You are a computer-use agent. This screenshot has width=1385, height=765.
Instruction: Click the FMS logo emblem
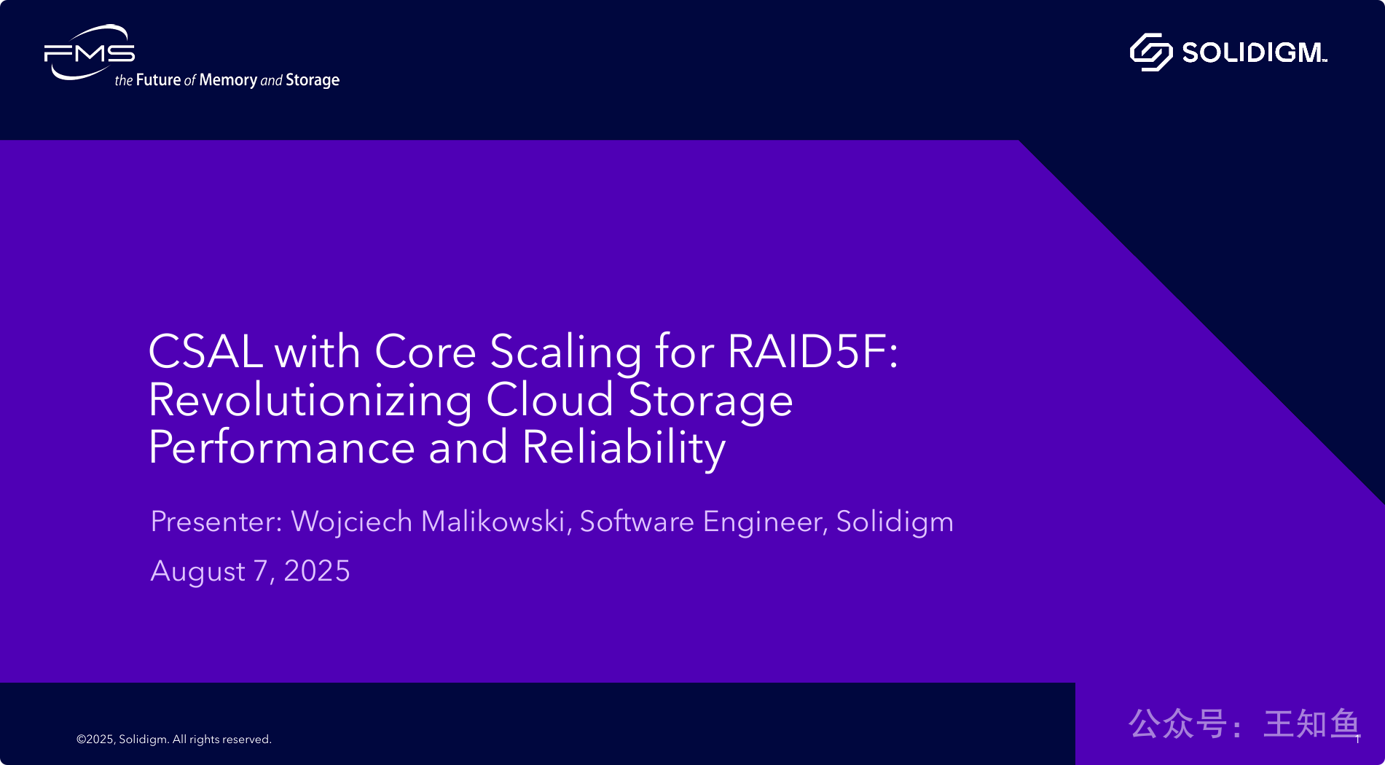[90, 52]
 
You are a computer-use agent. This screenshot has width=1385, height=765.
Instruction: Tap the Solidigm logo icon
[1150, 52]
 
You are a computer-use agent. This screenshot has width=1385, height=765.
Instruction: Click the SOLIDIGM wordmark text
[1254, 52]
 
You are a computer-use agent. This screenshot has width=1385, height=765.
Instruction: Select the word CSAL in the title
[205, 351]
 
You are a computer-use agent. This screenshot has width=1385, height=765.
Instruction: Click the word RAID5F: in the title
[812, 351]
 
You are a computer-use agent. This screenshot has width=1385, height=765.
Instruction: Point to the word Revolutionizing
[310, 401]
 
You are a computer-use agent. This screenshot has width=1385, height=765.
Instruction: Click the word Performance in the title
[282, 447]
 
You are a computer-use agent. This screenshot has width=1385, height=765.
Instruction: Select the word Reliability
[624, 448]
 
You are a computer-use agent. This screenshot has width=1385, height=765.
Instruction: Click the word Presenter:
[216, 522]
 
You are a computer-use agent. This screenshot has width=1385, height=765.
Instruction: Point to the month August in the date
[197, 572]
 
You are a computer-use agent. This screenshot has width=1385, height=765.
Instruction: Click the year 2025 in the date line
[317, 571]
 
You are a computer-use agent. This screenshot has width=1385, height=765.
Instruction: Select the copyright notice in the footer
[174, 739]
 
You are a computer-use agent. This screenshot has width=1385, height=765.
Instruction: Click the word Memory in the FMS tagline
[228, 80]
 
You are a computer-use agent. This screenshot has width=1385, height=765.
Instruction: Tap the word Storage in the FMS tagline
[313, 80]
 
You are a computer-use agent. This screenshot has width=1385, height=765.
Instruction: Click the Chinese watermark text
[1244, 723]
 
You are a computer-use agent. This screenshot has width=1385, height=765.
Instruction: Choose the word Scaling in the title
[566, 353]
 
